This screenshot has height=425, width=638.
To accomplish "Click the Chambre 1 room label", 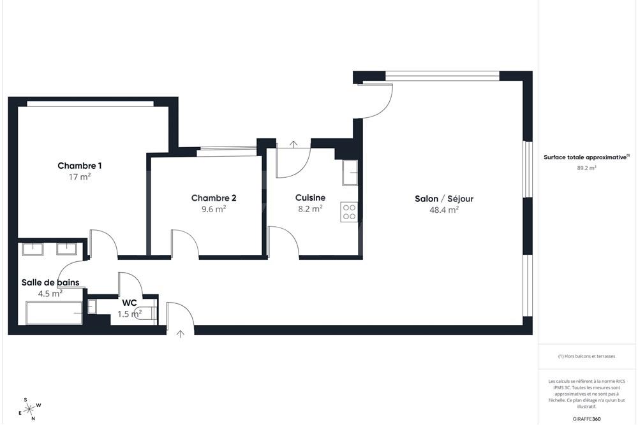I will click(80, 166).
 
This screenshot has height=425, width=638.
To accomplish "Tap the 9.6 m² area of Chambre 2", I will click(209, 208).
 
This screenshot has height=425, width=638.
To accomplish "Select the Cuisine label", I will click(310, 198).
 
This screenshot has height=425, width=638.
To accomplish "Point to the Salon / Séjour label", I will click(444, 199).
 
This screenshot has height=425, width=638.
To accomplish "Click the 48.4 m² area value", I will click(444, 209).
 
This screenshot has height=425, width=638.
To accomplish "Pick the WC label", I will click(130, 303).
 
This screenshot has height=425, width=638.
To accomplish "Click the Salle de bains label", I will click(50, 282).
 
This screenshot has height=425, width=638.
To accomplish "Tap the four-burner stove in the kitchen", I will click(349, 212).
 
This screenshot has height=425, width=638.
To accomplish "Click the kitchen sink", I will click(350, 172).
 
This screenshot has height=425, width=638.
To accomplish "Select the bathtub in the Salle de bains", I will click(54, 313).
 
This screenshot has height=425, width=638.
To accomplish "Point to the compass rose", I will click(30, 408).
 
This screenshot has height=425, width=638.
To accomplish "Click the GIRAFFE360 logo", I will click(587, 419).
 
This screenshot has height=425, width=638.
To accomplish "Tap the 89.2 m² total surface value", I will click(586, 168).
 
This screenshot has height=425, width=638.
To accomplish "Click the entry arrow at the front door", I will click(181, 333).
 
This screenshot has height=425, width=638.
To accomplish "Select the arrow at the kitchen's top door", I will click(293, 144).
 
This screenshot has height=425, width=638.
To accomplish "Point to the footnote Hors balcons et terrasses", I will click(586, 356).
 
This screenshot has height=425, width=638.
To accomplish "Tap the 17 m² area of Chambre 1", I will click(80, 176).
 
